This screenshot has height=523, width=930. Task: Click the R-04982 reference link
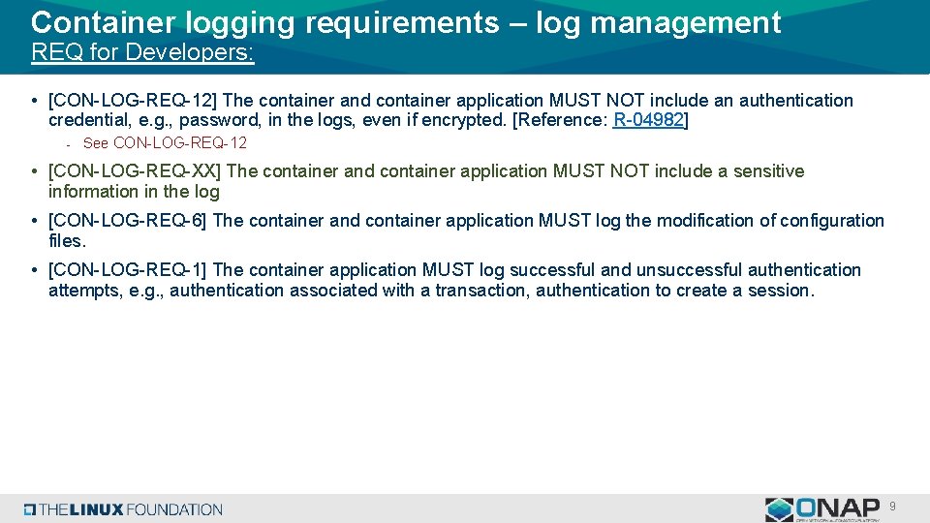click(649, 120)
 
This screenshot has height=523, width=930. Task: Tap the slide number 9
click(892, 506)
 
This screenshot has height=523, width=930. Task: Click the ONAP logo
click(823, 508)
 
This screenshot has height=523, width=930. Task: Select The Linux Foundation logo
click(124, 509)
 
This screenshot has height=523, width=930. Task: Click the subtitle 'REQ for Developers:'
click(142, 52)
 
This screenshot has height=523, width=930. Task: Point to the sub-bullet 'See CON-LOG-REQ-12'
click(165, 143)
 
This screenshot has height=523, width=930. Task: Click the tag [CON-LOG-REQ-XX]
click(135, 171)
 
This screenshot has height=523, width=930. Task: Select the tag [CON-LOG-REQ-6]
click(128, 221)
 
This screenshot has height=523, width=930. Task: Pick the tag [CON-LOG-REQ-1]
click(128, 270)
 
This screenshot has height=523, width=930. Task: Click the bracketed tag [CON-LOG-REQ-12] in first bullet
click(133, 101)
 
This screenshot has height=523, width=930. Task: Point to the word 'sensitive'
click(767, 171)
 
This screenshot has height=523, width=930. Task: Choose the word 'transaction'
click(480, 291)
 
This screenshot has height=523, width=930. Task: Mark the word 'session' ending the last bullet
click(778, 291)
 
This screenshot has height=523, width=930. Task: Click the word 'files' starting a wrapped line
click(66, 240)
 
